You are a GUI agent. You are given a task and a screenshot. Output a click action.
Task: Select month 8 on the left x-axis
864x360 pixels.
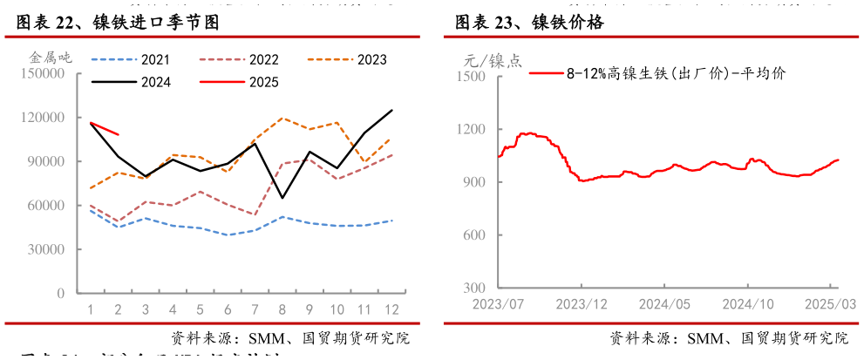tap(282, 309)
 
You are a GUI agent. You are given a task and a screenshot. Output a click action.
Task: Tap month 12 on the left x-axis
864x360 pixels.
tap(392, 309)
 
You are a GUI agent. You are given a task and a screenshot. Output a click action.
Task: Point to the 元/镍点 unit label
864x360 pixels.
tap(493, 61)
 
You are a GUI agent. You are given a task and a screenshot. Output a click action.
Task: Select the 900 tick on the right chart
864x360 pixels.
tap(475, 182)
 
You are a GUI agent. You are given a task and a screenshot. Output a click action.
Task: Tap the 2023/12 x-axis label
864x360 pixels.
tap(581, 304)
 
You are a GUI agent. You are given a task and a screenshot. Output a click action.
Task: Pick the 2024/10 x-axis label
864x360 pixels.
tap(748, 304)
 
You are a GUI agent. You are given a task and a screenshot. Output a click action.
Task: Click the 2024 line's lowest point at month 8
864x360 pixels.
tap(282, 198)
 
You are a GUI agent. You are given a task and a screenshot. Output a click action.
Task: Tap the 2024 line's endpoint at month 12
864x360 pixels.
tap(392, 110)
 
